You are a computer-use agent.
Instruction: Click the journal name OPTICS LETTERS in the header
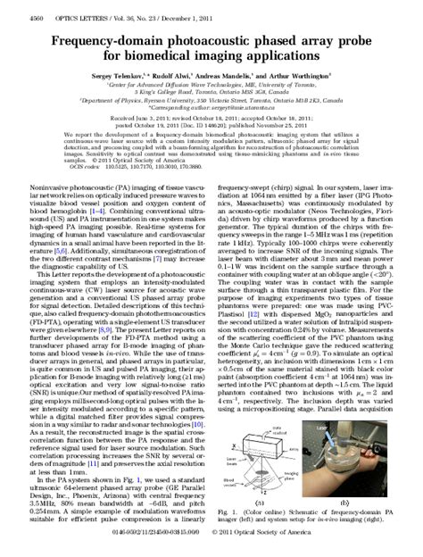pos(82,9)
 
